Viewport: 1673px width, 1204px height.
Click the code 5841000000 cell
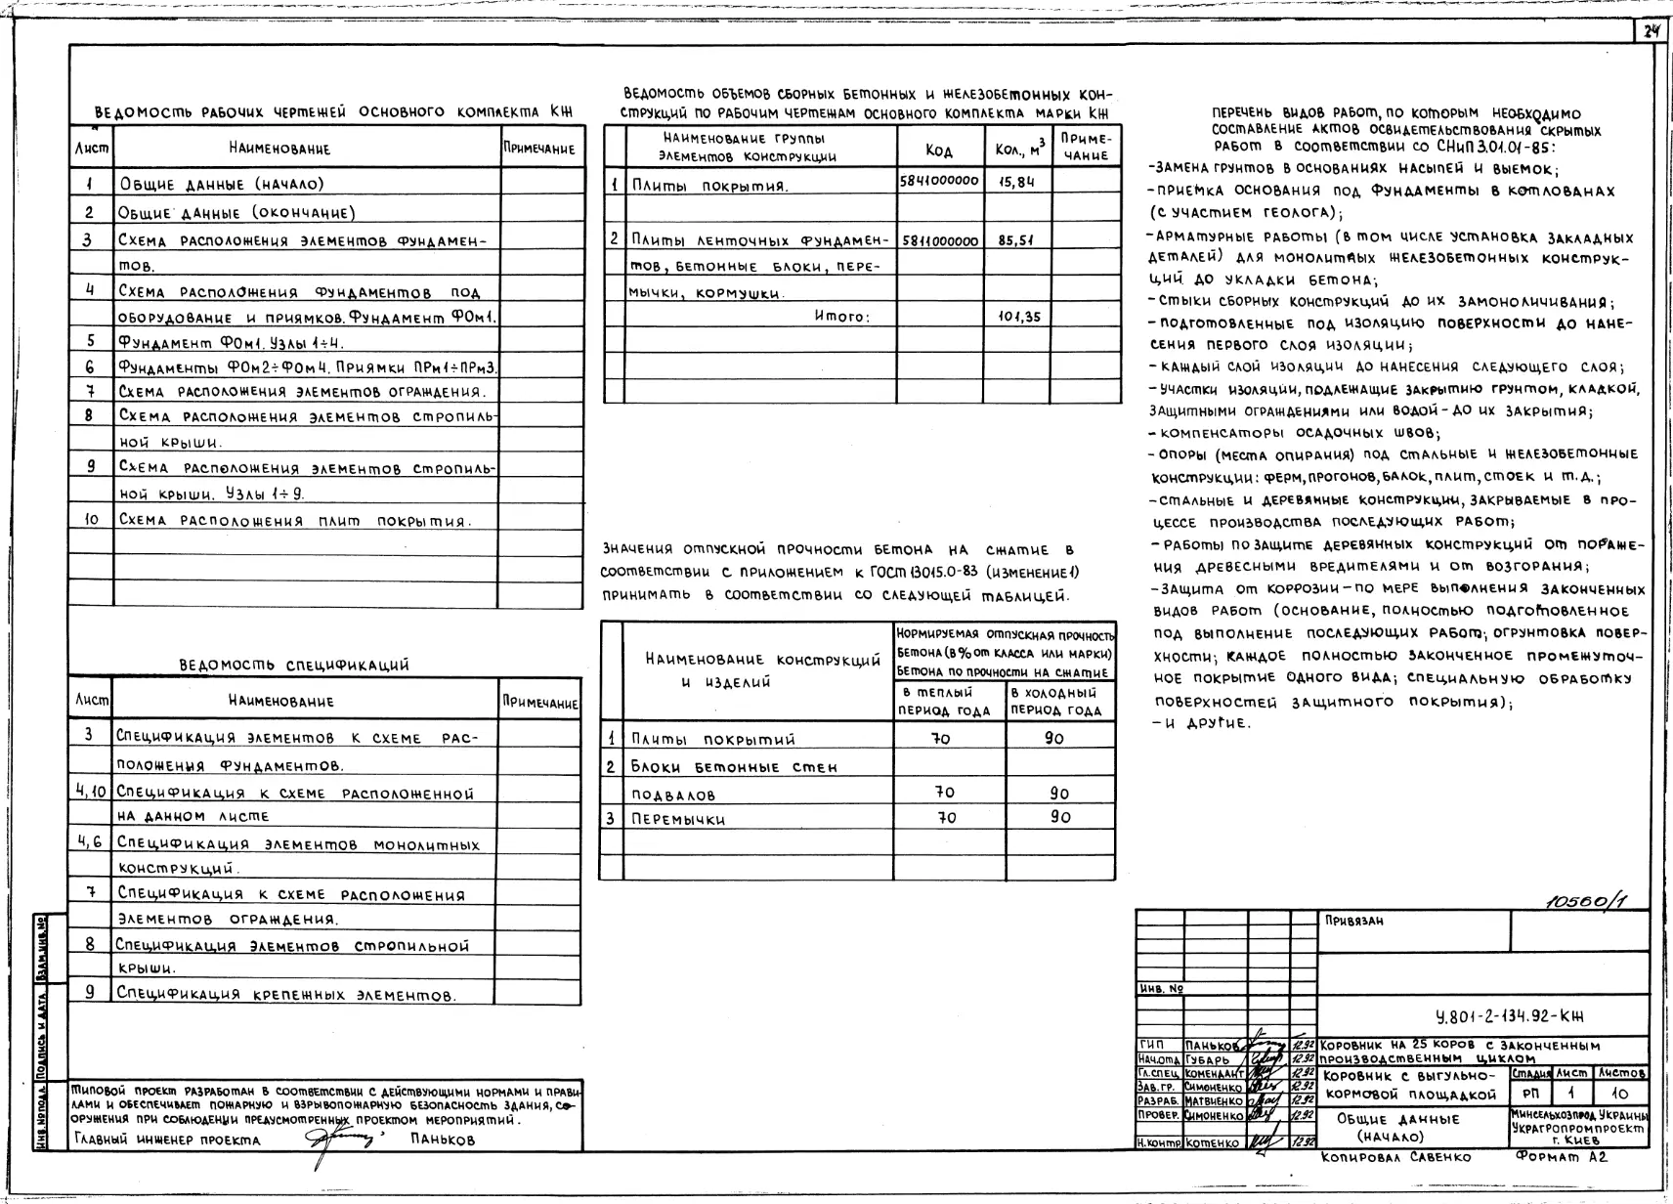939,182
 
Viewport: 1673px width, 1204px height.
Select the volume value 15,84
1016,182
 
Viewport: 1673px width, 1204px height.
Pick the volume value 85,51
1016,240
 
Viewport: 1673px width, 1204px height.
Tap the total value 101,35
1019,317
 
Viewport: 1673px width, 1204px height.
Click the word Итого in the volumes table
841,317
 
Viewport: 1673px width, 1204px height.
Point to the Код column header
939,150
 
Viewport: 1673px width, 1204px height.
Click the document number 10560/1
1580,902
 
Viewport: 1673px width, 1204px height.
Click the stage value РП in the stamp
1530,1095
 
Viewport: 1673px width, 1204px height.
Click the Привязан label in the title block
1354,922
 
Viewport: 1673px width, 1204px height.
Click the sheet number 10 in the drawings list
91,520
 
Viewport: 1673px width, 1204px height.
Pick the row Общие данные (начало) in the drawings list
222,184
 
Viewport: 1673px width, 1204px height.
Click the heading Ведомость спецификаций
294,666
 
